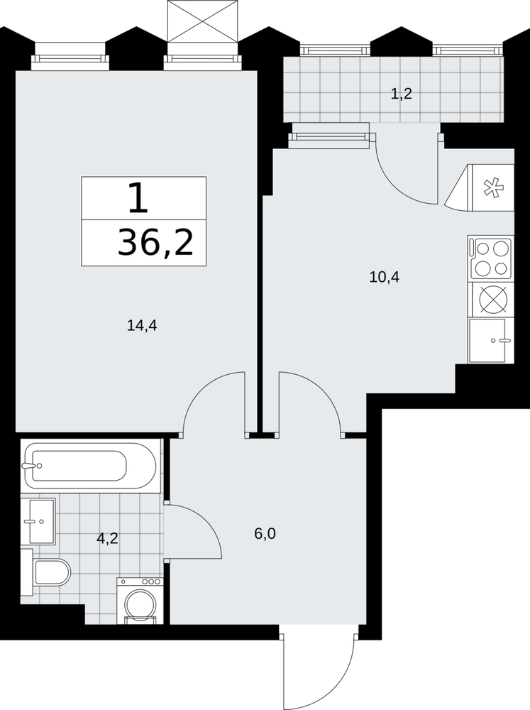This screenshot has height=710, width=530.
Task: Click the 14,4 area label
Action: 142,326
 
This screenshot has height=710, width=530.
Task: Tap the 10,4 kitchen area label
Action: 385,277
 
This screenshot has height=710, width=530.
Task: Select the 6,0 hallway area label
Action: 265,535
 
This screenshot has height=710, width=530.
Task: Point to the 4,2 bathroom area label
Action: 107,538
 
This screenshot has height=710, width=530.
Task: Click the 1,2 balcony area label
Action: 401,94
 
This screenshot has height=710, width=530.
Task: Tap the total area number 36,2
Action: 155,242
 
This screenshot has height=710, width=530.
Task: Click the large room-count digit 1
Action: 138,198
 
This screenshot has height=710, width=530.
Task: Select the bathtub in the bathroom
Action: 91,466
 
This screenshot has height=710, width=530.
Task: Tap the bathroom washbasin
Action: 42,521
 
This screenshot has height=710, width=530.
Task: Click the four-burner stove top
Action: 491,258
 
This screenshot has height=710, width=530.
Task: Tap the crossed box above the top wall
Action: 202,21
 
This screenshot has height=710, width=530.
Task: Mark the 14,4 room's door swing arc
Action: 202,388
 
